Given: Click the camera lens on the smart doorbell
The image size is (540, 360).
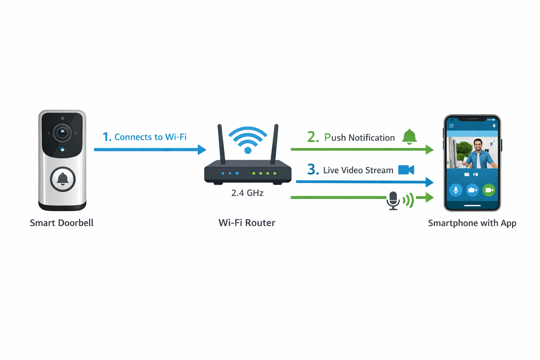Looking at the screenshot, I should tap(62, 133).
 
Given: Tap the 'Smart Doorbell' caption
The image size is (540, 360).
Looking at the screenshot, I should tap(62, 223).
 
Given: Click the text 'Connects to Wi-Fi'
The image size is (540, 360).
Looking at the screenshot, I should tap(150, 137).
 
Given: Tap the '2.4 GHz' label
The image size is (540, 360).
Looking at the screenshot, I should tap(247, 193).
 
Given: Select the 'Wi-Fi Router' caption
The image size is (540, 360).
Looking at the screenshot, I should tap(247, 223).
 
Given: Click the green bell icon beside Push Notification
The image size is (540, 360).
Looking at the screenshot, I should tap(409, 137).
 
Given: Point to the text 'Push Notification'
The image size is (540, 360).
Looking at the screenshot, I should tap(359, 137).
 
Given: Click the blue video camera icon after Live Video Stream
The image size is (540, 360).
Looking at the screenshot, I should tap(406, 170).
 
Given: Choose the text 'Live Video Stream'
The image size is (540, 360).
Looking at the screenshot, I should tap(358, 170).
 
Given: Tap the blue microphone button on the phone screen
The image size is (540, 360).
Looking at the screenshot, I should tap(456, 190).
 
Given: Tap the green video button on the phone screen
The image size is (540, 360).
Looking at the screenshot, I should tap(489, 190).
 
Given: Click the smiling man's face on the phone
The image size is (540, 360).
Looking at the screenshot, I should tap(477, 145).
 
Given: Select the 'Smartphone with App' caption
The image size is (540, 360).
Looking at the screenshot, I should tap(472, 223).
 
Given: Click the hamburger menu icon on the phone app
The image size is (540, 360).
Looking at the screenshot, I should tap(451, 126).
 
